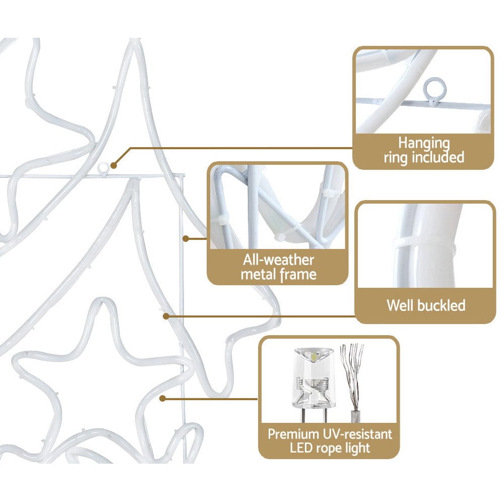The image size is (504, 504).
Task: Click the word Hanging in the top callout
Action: tap(424, 144)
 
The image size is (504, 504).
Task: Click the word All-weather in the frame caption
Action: tap(278, 260)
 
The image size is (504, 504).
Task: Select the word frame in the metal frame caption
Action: tap(298, 275)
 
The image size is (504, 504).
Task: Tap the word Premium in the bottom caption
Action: tap(293, 434)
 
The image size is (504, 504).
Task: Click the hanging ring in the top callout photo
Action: tap(434, 87)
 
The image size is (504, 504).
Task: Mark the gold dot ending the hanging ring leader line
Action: tap(113, 166)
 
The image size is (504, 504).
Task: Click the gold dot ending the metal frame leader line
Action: tap(185, 238)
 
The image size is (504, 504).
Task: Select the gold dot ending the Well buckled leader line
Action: tap(166, 317)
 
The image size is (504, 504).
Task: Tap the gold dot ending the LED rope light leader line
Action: tap(163, 399)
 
